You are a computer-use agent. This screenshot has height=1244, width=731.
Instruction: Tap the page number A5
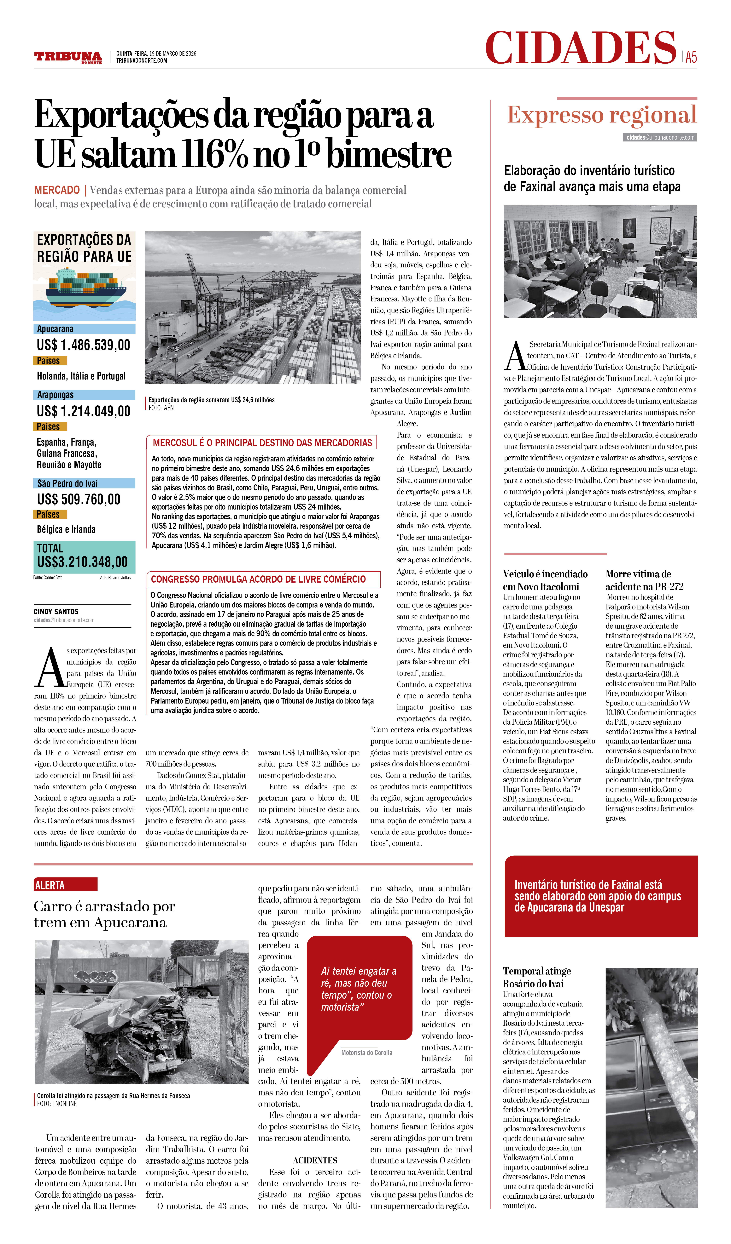tap(691, 57)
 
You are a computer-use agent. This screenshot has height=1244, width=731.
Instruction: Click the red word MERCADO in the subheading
tap(57, 190)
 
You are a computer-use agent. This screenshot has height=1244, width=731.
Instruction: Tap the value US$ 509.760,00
tap(79, 499)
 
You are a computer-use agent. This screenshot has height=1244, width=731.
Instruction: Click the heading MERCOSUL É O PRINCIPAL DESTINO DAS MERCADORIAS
tap(262, 443)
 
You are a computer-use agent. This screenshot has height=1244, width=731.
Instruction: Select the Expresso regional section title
tap(602, 115)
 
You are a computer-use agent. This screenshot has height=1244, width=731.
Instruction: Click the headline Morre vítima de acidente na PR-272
tap(644, 580)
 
